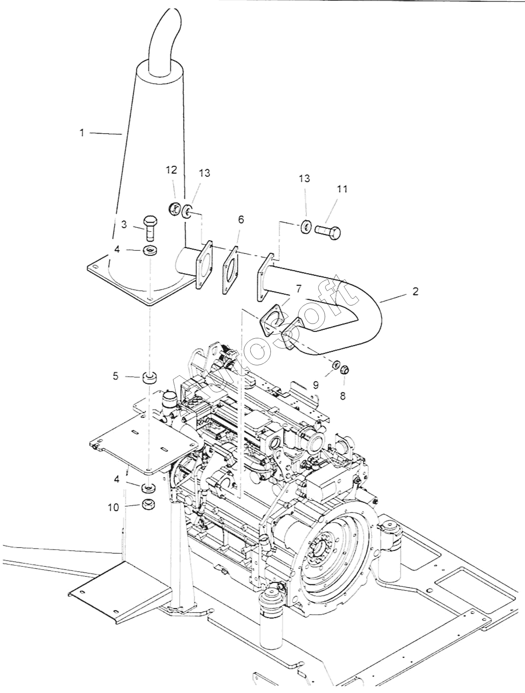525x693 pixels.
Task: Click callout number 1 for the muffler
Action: pos(82,133)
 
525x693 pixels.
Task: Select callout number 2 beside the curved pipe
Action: pos(416,292)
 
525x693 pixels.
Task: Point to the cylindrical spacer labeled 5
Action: pos(150,378)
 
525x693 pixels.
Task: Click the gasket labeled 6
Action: pos(232,270)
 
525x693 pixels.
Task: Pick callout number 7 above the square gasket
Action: pos(298,289)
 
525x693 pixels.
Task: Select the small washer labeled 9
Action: pos(335,365)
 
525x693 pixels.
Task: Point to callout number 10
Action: pos(113,507)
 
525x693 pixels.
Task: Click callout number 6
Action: pos(241,220)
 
